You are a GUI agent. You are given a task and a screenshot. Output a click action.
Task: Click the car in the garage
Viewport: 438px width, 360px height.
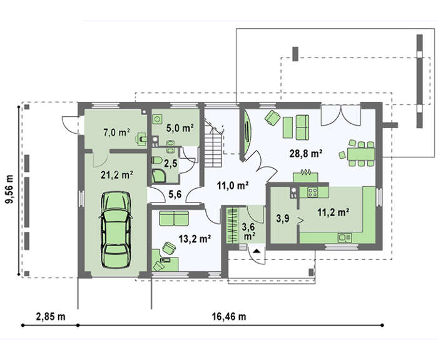(x=116, y=229)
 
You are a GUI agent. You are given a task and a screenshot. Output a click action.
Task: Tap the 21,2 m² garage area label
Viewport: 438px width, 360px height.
(x=117, y=175)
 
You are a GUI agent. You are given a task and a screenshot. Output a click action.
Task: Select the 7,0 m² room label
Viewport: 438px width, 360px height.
(x=116, y=132)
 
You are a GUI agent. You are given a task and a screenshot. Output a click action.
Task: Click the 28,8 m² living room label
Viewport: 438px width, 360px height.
(x=306, y=153)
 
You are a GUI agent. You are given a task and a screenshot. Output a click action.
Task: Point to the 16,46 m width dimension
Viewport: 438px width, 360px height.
(x=229, y=316)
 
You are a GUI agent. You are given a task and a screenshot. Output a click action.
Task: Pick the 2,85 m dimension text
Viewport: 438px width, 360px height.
(x=51, y=316)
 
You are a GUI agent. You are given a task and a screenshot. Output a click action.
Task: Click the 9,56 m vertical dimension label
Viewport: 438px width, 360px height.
(x=9, y=189)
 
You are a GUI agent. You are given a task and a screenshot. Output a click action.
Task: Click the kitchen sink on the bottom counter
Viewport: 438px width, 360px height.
(x=345, y=237)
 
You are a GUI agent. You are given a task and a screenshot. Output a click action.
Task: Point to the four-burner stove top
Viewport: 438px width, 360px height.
(x=313, y=192)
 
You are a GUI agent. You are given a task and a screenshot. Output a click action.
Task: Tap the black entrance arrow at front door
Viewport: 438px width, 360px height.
(x=257, y=251)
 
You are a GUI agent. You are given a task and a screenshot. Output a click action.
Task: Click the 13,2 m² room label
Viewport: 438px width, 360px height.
(x=195, y=239)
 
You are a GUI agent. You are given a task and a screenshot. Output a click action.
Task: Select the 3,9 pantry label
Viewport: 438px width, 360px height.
(x=283, y=219)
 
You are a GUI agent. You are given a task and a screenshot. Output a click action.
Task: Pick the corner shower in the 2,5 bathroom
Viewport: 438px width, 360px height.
(x=159, y=176)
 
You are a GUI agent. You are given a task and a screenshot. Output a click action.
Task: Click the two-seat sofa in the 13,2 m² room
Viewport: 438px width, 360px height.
(x=174, y=218)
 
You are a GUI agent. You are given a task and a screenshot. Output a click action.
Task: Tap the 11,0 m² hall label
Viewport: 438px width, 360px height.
(x=233, y=185)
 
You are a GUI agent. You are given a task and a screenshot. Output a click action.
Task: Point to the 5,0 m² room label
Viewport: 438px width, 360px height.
(x=180, y=128)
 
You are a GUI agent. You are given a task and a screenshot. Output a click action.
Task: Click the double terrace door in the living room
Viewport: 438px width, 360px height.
(x=340, y=115)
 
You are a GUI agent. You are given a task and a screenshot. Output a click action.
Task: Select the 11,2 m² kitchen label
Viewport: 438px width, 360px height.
(x=334, y=212)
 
